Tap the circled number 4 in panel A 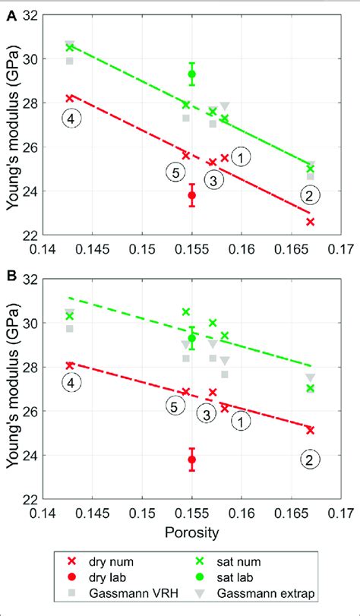[x=71, y=119]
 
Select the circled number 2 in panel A [x=310, y=194]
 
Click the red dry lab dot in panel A [x=192, y=195]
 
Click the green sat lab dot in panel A [x=192, y=74]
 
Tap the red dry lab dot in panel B [x=192, y=460]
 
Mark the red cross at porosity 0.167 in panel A [x=310, y=222]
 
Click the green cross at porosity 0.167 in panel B [x=310, y=388]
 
